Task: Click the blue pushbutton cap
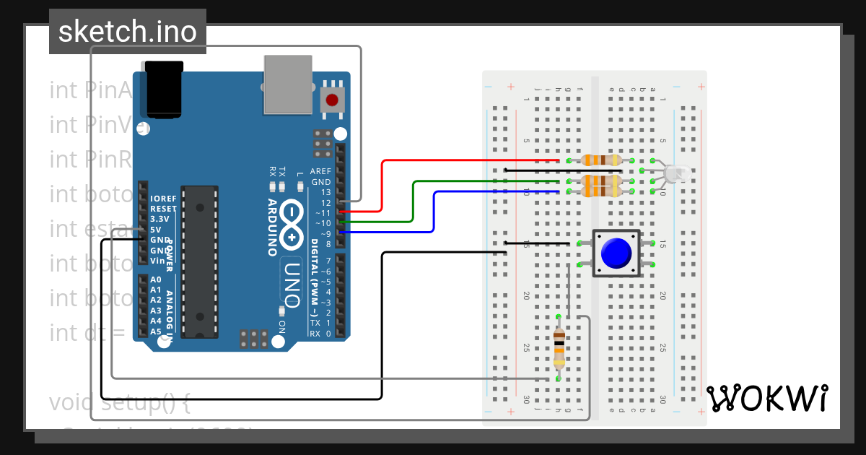click(616, 253)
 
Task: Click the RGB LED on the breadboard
click(675, 173)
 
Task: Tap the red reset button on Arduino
click(332, 100)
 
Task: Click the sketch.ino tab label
click(127, 32)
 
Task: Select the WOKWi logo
click(767, 398)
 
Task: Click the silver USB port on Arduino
click(289, 84)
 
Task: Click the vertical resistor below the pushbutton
click(559, 347)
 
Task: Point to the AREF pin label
click(320, 171)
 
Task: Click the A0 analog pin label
click(156, 279)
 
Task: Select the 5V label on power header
click(156, 229)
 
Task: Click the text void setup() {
click(119, 402)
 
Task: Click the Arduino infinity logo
click(292, 223)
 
